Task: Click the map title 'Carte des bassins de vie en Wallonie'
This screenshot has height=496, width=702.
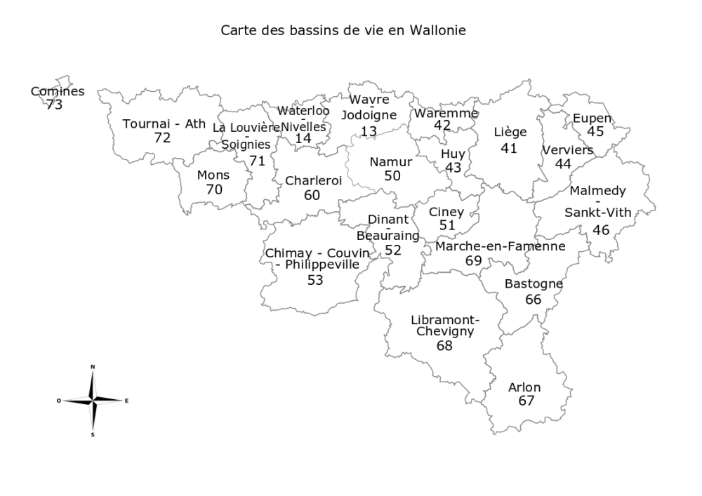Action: point(343,31)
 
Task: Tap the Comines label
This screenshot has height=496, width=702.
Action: point(58,91)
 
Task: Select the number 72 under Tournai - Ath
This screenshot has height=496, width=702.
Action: point(162,138)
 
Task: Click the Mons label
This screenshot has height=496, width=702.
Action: point(213,175)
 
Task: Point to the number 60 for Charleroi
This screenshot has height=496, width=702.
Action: point(312,195)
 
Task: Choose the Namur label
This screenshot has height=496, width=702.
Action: point(390,162)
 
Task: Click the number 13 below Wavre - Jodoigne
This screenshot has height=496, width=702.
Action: point(369,131)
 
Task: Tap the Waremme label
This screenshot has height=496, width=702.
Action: point(446,113)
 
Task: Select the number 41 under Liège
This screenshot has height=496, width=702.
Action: point(509,148)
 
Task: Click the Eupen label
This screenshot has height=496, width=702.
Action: point(592,118)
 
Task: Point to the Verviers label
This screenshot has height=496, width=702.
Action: point(567,150)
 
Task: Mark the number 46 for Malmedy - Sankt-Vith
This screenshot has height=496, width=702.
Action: point(601,230)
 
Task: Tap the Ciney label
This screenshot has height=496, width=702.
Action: point(446,212)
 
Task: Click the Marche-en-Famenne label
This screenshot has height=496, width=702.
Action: point(500,246)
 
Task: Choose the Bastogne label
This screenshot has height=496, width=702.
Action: point(534,284)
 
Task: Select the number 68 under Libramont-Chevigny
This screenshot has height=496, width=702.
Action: point(444,345)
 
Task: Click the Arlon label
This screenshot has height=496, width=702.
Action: point(524,387)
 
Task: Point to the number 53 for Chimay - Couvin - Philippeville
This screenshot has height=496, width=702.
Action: point(315,280)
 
